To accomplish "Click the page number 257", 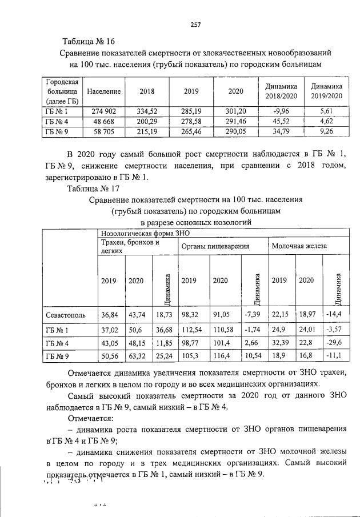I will click(195, 24).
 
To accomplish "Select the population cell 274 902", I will click(103, 111).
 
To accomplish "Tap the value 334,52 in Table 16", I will click(147, 111).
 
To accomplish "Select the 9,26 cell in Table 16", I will click(327, 132).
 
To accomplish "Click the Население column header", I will click(103, 91).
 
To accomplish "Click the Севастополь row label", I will click(65, 315).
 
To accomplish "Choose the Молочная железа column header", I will click(298, 246).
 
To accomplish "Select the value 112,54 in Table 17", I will click(193, 330).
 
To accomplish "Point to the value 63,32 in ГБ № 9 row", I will click(137, 357).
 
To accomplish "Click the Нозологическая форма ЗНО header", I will click(145, 233).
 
